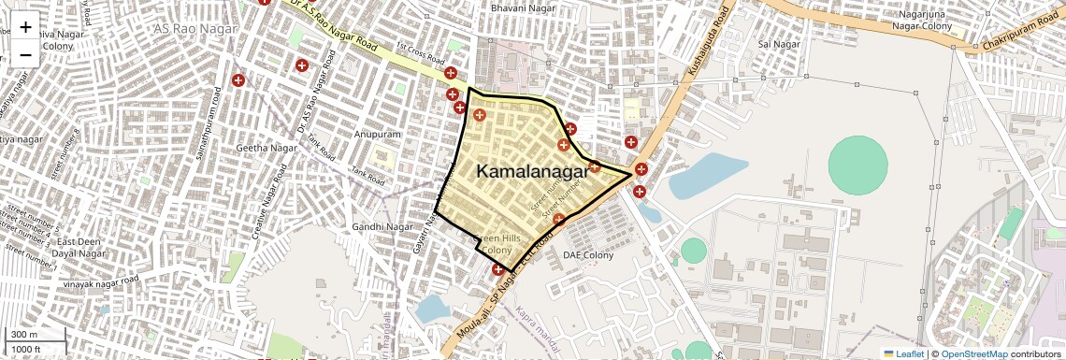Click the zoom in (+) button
pyautogui.click(x=25, y=27)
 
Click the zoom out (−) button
pyautogui.click(x=25, y=54)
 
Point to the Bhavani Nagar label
pyautogui.click(x=522, y=8)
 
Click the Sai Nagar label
pyautogui.click(x=779, y=44)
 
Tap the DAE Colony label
pyautogui.click(x=587, y=254)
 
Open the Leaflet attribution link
pyautogui.click(x=904, y=354)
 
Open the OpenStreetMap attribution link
pyautogui.click(x=974, y=354)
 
